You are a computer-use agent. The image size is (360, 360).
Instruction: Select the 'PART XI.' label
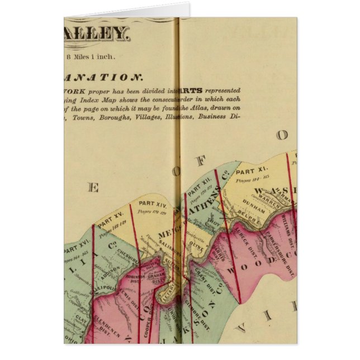pyautogui.click(x=252, y=170)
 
